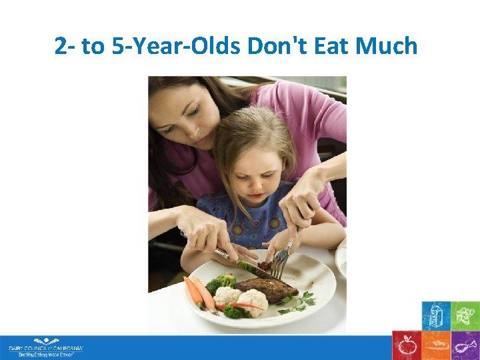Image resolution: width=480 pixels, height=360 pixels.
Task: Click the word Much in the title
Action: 387,47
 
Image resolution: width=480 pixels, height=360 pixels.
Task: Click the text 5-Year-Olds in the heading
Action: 177,47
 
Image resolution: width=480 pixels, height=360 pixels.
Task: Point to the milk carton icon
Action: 436,315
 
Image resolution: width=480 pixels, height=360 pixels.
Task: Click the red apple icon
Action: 406,345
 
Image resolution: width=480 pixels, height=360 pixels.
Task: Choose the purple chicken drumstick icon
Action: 465,345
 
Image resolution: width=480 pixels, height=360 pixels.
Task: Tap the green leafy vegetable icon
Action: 465,315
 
